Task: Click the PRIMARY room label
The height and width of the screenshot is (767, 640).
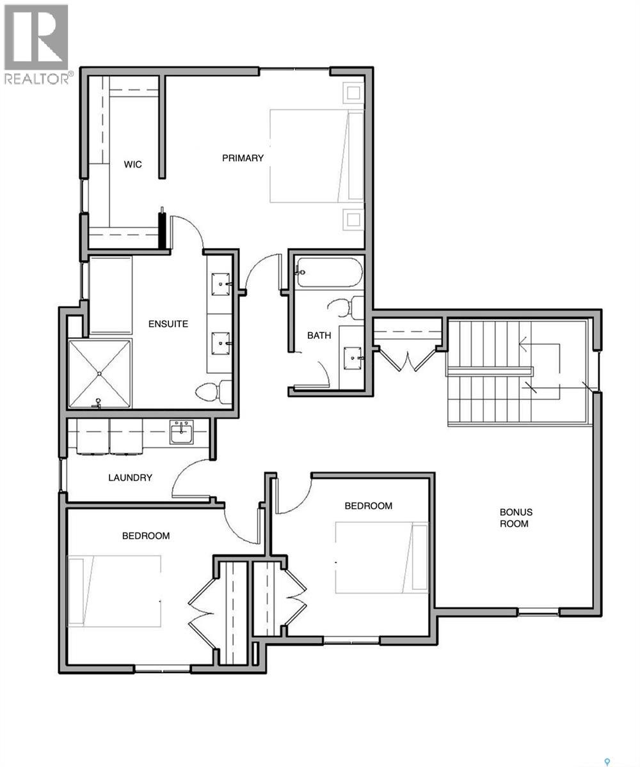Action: [243, 158]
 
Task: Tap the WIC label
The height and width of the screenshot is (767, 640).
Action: [133, 164]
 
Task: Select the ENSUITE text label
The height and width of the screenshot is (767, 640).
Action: [168, 323]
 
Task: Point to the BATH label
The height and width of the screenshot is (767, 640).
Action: [319, 335]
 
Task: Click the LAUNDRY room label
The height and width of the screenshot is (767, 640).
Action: [130, 477]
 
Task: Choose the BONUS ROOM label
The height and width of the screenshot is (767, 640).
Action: [516, 518]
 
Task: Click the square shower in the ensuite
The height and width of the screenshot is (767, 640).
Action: [99, 373]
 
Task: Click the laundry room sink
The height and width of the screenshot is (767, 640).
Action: [181, 432]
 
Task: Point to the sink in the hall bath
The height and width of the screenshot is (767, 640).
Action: [351, 356]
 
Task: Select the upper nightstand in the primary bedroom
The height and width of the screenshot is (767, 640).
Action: [353, 93]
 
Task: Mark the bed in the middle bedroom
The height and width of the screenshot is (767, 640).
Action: [381, 557]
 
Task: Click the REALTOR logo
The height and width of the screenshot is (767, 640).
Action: [36, 44]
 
